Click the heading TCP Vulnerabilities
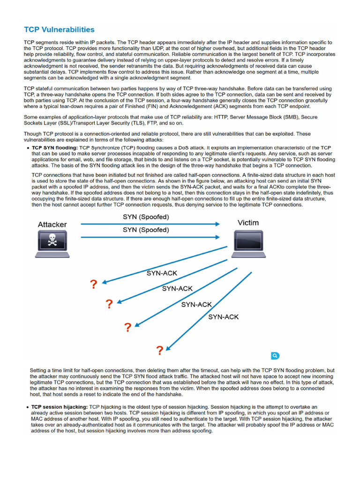[x=59, y=30]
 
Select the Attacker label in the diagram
[x=52, y=225]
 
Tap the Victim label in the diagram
[x=248, y=223]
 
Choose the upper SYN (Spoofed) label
[x=146, y=217]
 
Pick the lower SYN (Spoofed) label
[x=146, y=230]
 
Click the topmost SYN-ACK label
[x=162, y=273]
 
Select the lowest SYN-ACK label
[x=223, y=317]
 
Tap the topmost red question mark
[x=94, y=284]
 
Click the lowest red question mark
[x=160, y=351]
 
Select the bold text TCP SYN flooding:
[x=54, y=148]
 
